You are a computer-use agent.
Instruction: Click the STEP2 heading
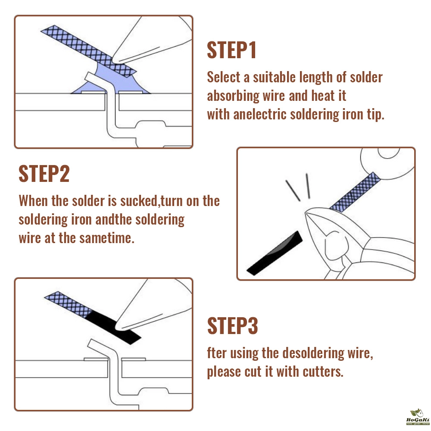coord(44,173)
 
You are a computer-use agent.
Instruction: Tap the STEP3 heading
coord(233,325)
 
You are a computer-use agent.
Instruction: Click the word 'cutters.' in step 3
coord(323,372)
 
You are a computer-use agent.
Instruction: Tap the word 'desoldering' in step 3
coord(313,353)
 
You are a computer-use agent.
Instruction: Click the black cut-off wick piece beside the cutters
coord(275,253)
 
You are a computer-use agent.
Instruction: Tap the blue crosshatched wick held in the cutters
coord(355,192)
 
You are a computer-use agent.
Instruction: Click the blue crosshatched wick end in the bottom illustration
coord(68,305)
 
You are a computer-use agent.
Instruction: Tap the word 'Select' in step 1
coord(223,77)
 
